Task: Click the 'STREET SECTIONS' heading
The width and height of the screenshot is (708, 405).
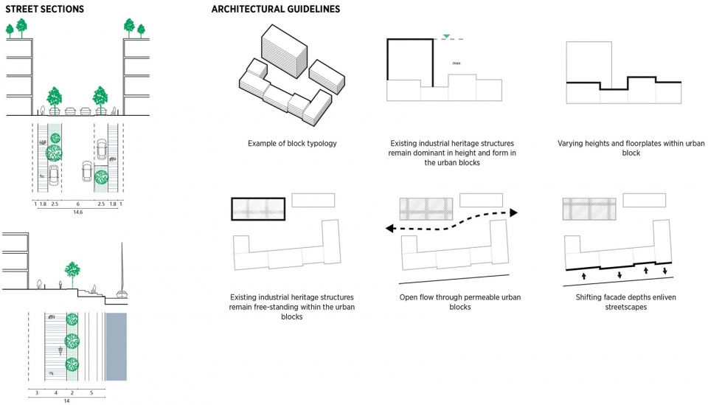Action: click(44, 10)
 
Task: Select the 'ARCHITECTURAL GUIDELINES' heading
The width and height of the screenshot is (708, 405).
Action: click(275, 10)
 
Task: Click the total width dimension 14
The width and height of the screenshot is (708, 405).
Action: click(66, 401)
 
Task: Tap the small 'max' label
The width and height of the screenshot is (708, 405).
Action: click(457, 63)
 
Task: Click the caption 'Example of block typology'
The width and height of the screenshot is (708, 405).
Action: click(292, 143)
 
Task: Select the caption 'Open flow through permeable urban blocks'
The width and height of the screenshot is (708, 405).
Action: click(450, 302)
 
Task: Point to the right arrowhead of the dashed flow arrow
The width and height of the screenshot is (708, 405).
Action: click(514, 212)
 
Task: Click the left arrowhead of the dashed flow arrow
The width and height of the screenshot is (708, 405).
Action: click(386, 229)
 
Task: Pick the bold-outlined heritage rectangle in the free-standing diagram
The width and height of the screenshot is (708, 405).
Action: click(257, 209)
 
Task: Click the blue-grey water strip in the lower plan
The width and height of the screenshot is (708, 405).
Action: click(117, 347)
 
